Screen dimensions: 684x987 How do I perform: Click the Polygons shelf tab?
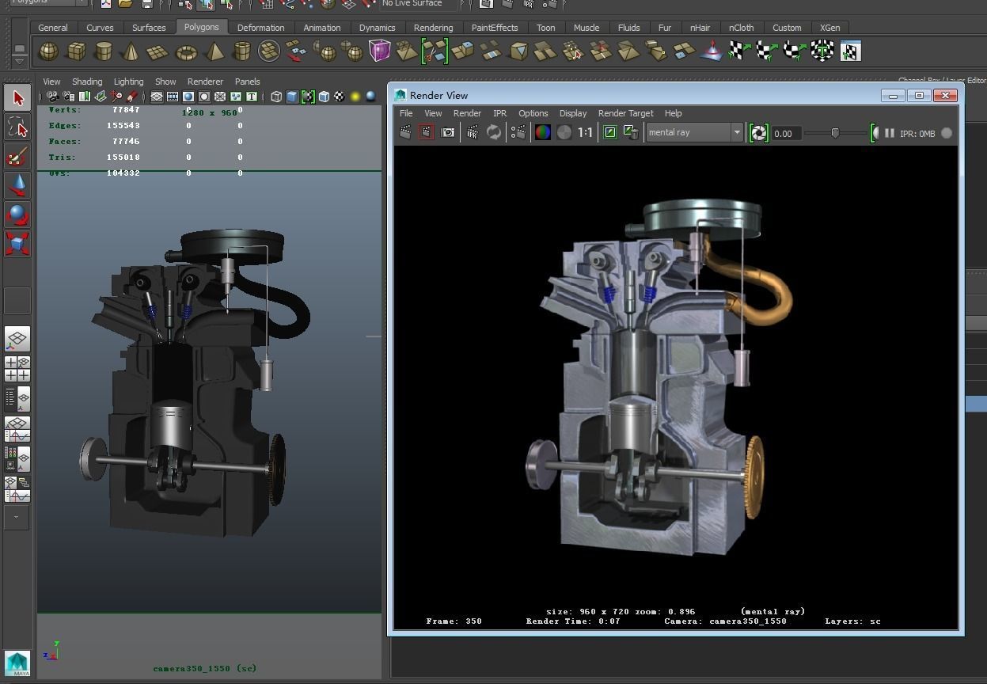(x=201, y=27)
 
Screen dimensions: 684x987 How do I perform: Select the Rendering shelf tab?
(x=433, y=28)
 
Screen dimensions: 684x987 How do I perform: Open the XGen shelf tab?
(x=829, y=28)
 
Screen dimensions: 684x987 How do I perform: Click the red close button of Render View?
(x=945, y=95)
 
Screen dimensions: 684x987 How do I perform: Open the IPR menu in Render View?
(x=499, y=113)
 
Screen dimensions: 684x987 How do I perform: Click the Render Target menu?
(x=625, y=113)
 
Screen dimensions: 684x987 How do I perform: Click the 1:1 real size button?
(x=585, y=133)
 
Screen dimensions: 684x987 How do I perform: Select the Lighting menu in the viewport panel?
(x=128, y=82)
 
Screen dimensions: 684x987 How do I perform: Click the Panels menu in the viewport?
(x=247, y=82)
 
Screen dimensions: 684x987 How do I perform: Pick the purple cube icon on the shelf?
(x=380, y=51)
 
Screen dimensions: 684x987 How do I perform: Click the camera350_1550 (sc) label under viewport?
(x=204, y=668)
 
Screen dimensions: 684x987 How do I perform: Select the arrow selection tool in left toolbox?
(x=17, y=98)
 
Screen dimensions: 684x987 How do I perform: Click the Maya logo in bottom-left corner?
(x=17, y=663)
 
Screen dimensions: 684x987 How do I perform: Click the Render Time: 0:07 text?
(x=573, y=621)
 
